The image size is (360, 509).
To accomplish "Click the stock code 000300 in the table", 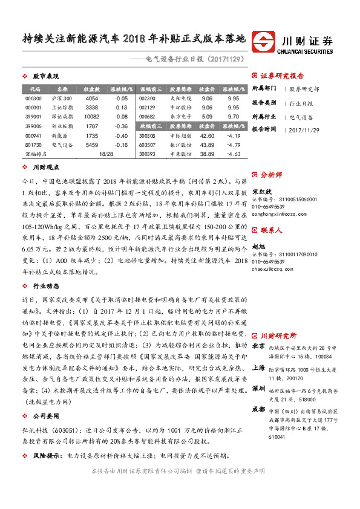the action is (x=34, y=99).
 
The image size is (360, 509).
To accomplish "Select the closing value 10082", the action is (x=91, y=115).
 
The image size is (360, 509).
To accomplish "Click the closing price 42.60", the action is (x=207, y=137).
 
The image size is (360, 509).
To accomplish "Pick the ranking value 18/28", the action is (x=106, y=154).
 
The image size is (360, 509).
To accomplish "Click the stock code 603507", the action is (x=148, y=145).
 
